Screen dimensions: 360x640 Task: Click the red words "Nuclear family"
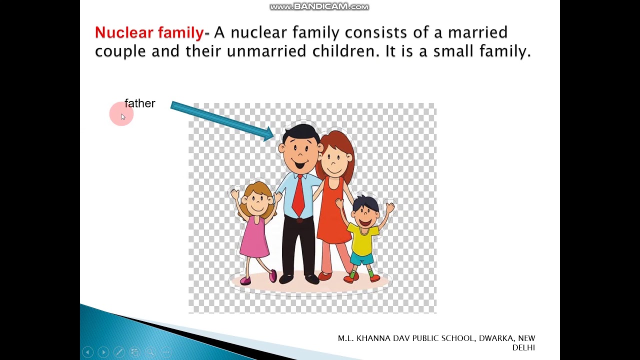[149, 33]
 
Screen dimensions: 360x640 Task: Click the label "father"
[140, 103]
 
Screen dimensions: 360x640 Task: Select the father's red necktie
[298, 196]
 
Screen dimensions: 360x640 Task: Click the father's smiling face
[300, 152]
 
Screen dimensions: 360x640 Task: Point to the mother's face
[334, 161]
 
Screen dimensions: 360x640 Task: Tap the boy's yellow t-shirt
[363, 239]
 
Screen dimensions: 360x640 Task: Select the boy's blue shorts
[362, 258]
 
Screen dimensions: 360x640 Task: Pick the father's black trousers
[298, 245]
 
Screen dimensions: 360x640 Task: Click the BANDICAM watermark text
[319, 6]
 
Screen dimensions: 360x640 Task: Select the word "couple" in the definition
[120, 51]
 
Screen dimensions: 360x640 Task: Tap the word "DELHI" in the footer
[523, 347]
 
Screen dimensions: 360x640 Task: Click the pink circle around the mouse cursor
[120, 113]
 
